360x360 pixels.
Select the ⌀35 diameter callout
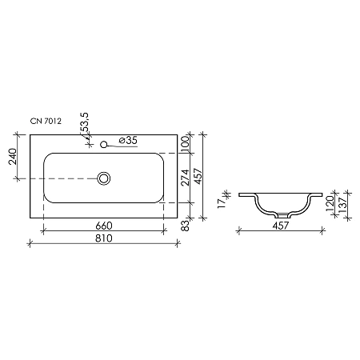127,141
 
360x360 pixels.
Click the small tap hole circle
103,145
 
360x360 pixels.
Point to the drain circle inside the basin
103,178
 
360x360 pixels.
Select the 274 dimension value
186,178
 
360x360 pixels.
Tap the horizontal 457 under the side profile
279,226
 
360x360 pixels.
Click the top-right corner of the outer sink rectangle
177,133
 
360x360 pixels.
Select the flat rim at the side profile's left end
246,194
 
